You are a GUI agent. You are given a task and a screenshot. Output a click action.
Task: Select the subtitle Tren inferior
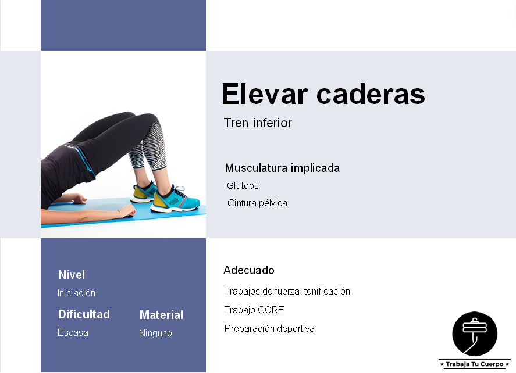258,123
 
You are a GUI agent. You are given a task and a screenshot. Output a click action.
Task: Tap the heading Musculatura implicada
282,168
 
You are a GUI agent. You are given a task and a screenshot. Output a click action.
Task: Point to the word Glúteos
243,186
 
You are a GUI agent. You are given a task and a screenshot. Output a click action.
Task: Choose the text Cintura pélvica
257,203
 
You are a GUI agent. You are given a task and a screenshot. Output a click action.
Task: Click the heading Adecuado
249,270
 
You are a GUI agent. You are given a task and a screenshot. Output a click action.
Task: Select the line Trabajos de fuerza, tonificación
287,292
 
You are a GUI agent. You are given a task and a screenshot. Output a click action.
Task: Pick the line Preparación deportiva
269,329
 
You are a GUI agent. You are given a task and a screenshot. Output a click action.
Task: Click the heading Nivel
72,275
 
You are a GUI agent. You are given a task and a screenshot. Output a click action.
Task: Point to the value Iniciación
76,293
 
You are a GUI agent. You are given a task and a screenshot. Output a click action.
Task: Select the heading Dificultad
84,314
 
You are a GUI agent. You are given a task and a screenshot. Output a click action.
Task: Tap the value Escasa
73,333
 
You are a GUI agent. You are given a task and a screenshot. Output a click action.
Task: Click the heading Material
161,315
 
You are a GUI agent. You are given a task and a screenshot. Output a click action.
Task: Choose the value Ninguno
155,333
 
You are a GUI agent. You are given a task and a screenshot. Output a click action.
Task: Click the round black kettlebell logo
475,333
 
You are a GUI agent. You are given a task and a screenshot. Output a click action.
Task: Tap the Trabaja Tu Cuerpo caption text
475,364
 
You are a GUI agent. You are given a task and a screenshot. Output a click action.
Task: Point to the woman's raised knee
152,119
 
